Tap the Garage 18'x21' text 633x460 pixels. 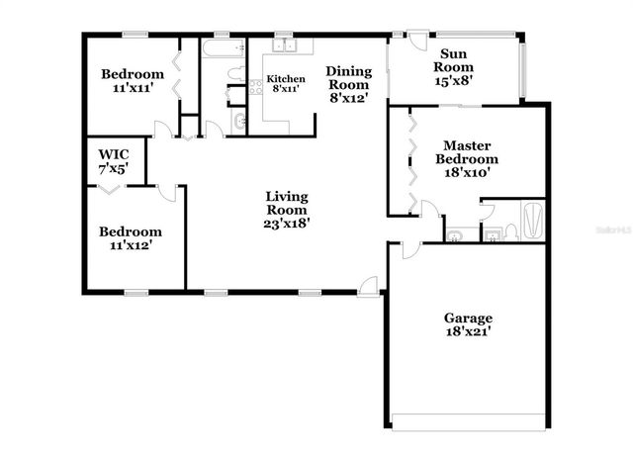point(468,324)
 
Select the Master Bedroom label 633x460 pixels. point(468,158)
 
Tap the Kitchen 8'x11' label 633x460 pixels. point(285,84)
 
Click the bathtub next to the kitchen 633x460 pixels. point(224,49)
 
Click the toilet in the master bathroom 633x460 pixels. point(510,231)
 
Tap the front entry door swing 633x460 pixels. point(369,284)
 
